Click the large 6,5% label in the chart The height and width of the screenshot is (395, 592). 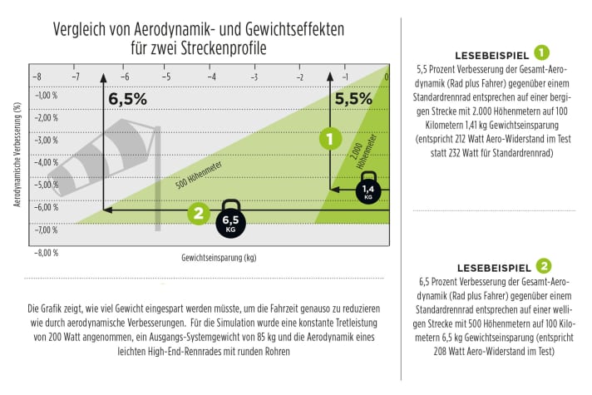coord(127,99)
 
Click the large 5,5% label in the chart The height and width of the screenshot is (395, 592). coord(353,98)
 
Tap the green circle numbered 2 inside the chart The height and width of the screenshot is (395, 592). coord(197,213)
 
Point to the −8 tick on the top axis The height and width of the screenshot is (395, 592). coord(36,77)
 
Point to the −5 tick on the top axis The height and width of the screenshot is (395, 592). coord(165,77)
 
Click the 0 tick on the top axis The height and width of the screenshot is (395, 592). coord(386,77)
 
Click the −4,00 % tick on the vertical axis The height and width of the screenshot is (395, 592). coord(46,162)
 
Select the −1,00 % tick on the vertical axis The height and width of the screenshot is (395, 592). coord(46,95)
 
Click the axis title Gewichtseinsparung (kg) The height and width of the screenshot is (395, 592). coord(219,258)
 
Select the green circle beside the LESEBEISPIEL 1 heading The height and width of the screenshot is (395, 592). coord(542,52)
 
